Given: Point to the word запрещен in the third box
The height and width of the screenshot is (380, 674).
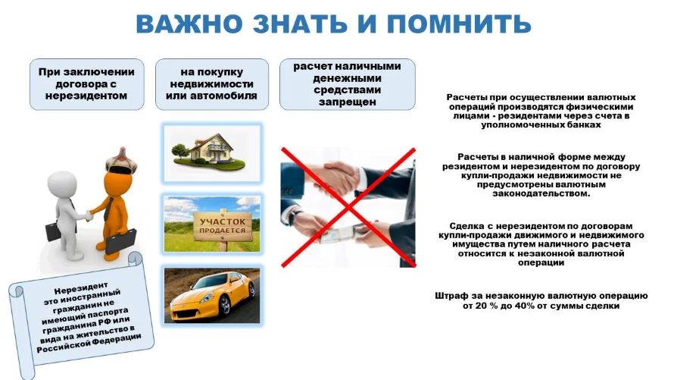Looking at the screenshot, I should tap(348, 102).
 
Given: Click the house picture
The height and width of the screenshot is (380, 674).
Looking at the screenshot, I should tap(211, 149).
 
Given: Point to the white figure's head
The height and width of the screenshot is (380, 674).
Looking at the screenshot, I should tap(60, 183).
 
